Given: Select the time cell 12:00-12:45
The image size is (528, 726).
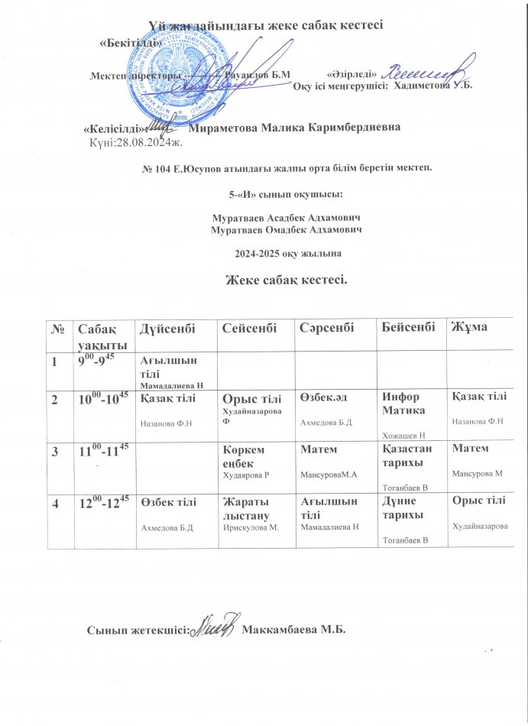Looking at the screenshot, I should (x=103, y=502).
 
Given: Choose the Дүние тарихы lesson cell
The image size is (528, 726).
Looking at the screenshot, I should (x=402, y=507).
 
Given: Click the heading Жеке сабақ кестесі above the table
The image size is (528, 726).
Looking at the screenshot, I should (x=285, y=279).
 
